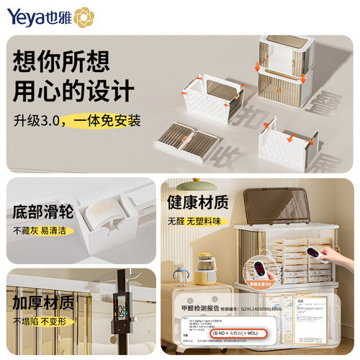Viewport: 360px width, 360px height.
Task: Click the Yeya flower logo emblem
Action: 83,17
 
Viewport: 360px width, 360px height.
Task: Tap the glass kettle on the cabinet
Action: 207,268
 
